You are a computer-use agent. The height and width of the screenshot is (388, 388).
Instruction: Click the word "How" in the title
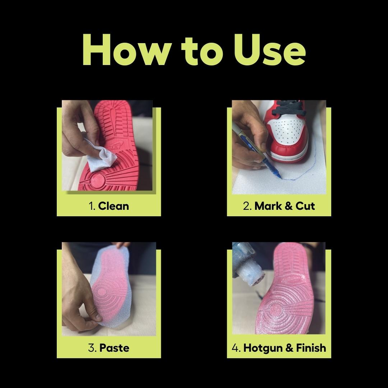pyautogui.click(x=127, y=50)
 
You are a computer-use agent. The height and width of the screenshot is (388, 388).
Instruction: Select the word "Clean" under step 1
pyautogui.click(x=114, y=206)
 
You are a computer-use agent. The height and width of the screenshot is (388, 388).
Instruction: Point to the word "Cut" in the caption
pyautogui.click(x=305, y=206)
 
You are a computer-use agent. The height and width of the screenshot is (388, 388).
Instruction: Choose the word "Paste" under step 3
pyautogui.click(x=114, y=348)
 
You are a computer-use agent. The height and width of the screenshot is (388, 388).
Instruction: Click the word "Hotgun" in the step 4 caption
pyautogui.click(x=263, y=348)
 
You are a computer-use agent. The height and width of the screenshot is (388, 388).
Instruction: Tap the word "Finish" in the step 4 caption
pyautogui.click(x=311, y=348)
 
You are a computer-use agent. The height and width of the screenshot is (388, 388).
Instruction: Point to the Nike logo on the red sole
pyautogui.click(x=117, y=147)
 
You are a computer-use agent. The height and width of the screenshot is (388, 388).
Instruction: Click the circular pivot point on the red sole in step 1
pyautogui.click(x=97, y=180)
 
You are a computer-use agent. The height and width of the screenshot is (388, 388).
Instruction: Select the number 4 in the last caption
pyautogui.click(x=235, y=348)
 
